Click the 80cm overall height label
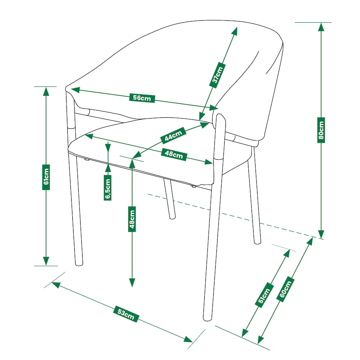321,130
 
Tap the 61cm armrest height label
46,177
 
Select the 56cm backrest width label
142,98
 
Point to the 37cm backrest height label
217,75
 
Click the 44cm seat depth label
173,135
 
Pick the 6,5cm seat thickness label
108,187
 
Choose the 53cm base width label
126,313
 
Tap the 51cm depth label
264,295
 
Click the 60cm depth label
285,289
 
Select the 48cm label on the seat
174,154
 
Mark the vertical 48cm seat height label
132,219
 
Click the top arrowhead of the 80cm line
321,27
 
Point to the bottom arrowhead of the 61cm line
46,261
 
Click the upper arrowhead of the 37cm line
235,31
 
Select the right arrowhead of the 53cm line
188,339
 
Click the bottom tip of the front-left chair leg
79,265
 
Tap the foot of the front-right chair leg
207,319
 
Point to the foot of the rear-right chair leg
257,243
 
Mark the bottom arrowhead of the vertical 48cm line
132,283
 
